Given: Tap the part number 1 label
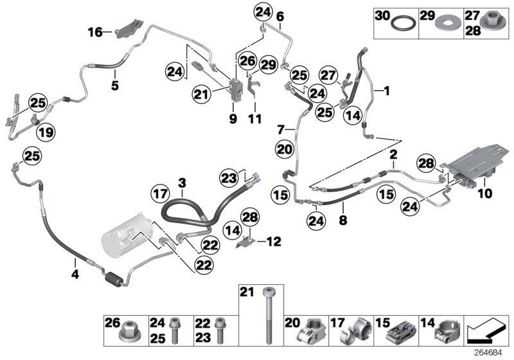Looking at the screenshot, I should coord(387,92).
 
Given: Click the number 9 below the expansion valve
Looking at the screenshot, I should coord(233,119).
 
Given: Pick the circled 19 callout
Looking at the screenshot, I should coord(44,133).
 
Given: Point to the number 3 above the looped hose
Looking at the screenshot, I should coord(182,183).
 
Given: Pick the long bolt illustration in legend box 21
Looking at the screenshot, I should coord(267,315).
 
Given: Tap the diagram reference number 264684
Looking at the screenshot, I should coord(490,352).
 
